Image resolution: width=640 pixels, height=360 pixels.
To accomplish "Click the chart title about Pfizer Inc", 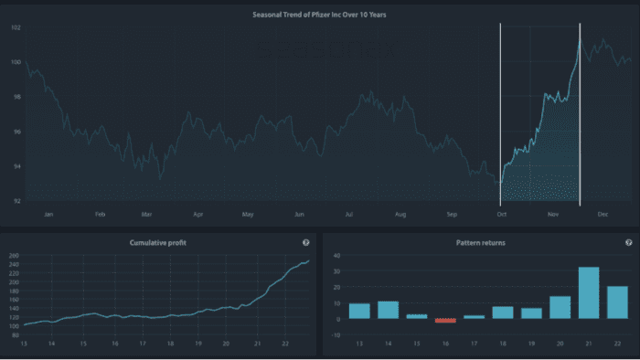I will (319, 15).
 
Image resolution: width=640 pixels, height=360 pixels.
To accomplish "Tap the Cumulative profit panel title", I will (158, 242).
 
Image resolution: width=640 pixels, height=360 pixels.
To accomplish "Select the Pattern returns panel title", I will (479, 242).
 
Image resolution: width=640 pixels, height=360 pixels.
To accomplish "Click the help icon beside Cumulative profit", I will (305, 242).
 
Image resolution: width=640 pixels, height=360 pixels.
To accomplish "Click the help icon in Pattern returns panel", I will (628, 242).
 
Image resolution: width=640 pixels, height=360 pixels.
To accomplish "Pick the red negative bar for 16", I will (445, 321).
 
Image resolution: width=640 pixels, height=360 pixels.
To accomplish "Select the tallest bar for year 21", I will (589, 292).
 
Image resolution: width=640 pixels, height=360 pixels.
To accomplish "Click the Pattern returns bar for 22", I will (617, 302).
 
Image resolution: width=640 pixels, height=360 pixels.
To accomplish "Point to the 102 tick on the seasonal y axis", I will (16, 27).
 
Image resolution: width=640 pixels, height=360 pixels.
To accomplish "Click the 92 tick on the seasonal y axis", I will (16, 200).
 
